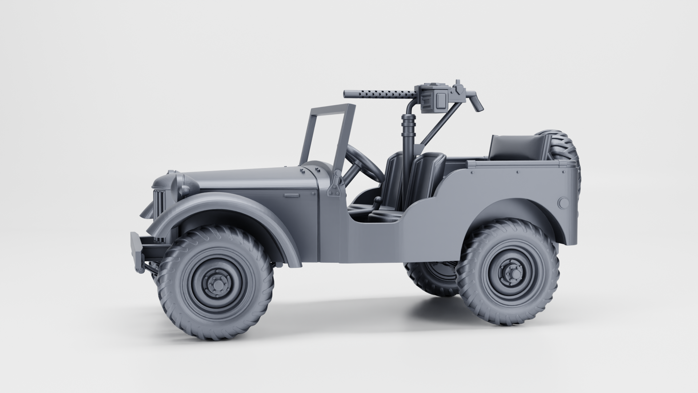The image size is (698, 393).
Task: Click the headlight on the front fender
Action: point(185,189)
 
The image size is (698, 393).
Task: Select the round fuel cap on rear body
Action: point(563,203)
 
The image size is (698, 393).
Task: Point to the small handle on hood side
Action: point(292,195)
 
